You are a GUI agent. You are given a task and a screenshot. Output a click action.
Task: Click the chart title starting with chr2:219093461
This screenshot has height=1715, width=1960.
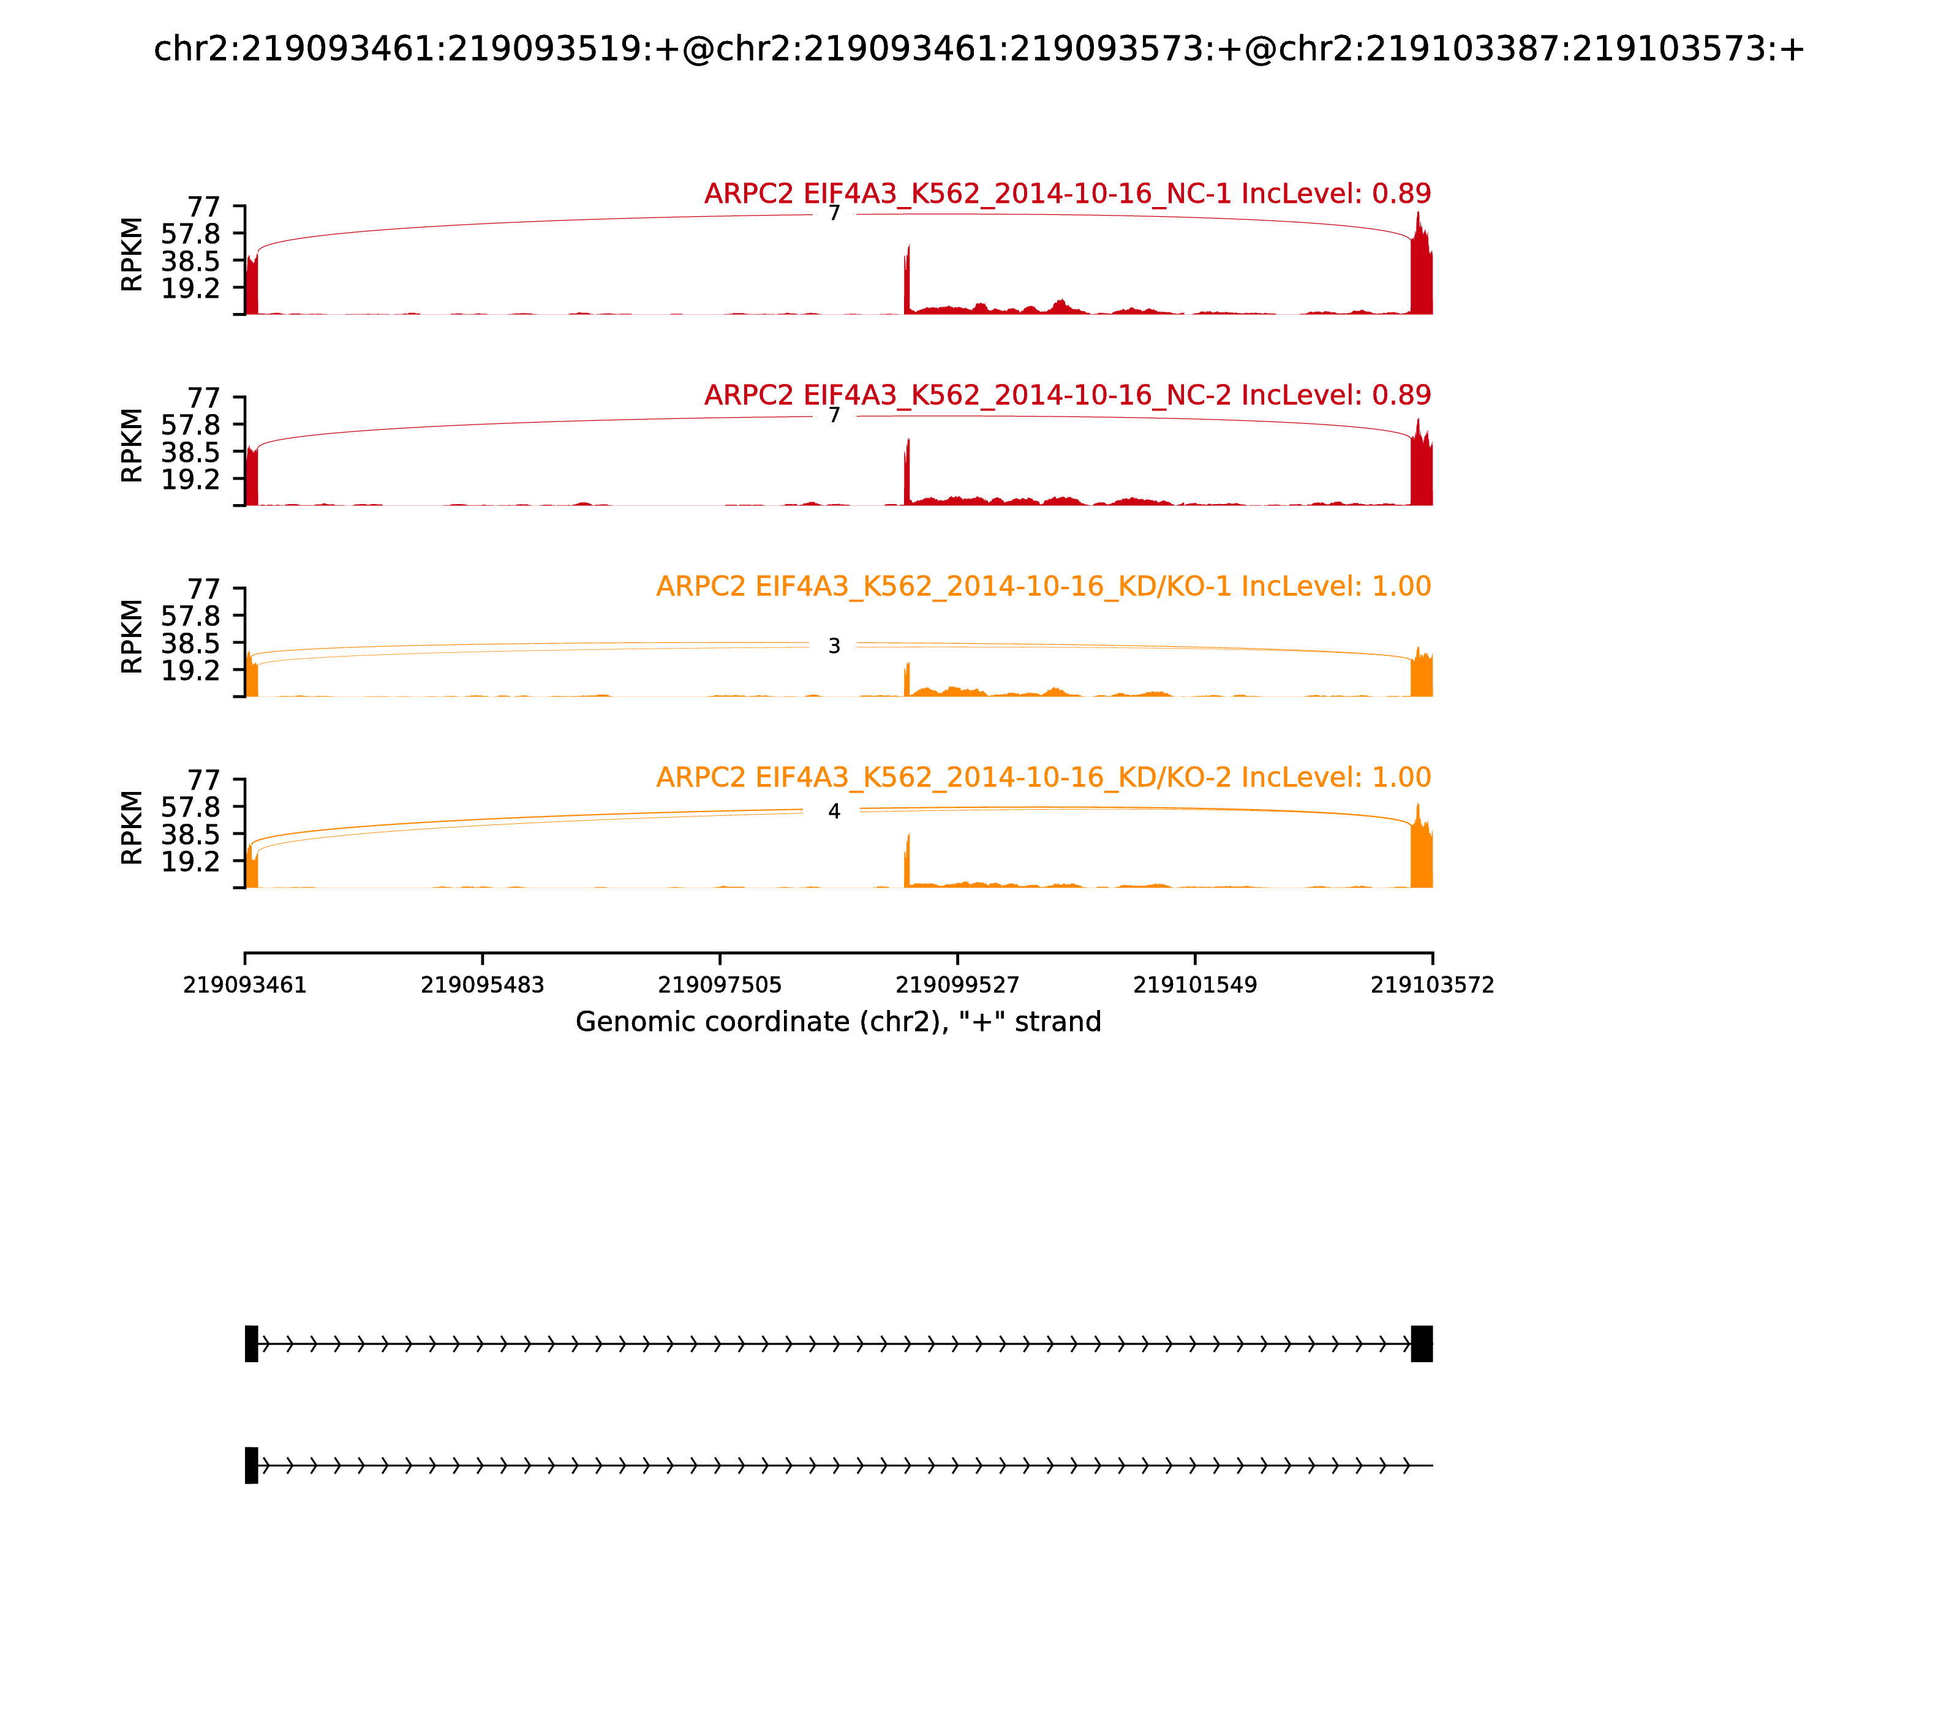point(979,50)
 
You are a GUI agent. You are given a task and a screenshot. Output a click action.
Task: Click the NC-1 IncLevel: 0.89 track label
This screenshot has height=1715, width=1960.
point(1067,194)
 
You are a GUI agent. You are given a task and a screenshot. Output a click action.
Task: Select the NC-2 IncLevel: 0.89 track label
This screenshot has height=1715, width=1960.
point(1067,395)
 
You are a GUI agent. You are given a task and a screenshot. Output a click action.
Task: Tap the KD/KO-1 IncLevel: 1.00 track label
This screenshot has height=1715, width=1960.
point(1043,586)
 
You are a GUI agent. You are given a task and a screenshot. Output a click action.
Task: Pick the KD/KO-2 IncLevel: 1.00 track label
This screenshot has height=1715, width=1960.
point(1043,777)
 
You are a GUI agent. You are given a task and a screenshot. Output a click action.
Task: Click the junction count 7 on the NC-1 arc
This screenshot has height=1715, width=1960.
point(834,213)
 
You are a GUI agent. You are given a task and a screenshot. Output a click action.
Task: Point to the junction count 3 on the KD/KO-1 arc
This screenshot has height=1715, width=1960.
point(834,647)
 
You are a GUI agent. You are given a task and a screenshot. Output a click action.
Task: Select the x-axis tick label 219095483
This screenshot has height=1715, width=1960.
point(483,985)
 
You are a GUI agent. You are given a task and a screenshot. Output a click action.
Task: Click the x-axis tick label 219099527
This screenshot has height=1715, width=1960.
point(957,985)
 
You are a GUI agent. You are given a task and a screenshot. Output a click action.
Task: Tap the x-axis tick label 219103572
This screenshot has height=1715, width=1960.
point(1433,985)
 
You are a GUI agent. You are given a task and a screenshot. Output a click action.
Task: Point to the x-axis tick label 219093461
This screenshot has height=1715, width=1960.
point(245,985)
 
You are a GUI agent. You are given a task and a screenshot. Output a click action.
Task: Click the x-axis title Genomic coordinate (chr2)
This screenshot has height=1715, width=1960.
point(839,1022)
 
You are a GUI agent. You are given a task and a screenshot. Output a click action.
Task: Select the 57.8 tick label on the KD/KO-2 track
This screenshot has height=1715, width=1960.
point(190,807)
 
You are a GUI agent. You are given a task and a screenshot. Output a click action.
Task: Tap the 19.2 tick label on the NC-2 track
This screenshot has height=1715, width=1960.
point(190,478)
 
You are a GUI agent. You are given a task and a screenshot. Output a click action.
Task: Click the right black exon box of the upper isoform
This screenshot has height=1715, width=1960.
point(1422,1344)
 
